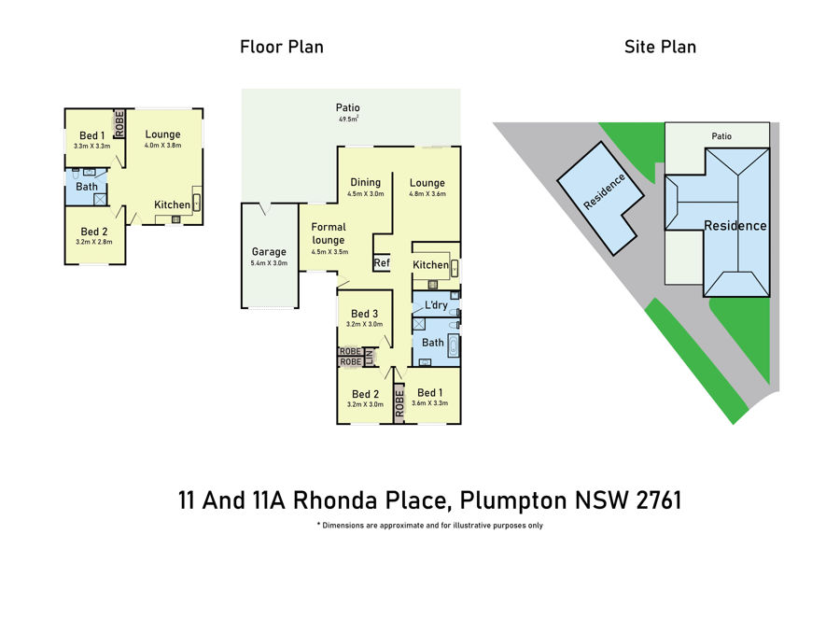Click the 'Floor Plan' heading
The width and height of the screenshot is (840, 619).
[282, 48]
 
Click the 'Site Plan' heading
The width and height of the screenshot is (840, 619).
[660, 48]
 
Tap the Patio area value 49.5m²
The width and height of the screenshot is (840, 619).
[348, 119]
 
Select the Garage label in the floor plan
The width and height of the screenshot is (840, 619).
[269, 251]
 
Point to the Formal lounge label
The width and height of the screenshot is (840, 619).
[329, 233]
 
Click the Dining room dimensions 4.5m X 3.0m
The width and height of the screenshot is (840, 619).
[365, 194]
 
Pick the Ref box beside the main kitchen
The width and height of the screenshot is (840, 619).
[382, 262]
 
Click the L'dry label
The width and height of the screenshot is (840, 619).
[436, 305]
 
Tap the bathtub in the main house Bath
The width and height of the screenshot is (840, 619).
[454, 345]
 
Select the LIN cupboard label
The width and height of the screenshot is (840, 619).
[369, 357]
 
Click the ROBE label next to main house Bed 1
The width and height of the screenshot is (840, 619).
[399, 403]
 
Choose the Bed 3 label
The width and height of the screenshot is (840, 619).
[364, 314]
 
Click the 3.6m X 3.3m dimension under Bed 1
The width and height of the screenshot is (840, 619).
[429, 403]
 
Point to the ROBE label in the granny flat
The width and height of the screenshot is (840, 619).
[119, 124]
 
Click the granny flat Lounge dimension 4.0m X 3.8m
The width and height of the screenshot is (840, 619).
[162, 146]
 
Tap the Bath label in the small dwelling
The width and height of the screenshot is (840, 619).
[87, 187]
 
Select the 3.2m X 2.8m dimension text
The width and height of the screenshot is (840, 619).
[93, 242]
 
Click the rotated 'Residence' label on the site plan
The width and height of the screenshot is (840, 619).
[604, 191]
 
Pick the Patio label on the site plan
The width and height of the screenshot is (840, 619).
[721, 136]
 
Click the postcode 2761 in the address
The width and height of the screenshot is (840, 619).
[659, 500]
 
